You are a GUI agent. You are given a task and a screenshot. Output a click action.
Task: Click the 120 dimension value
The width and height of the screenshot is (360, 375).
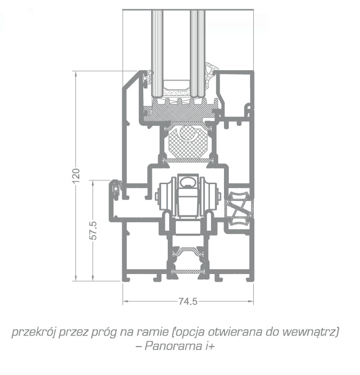(x=76, y=176)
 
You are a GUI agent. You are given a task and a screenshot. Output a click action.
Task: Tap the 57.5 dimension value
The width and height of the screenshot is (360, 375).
(x=93, y=231)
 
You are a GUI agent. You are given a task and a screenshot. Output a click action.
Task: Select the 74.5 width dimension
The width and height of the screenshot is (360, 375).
(x=188, y=301)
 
